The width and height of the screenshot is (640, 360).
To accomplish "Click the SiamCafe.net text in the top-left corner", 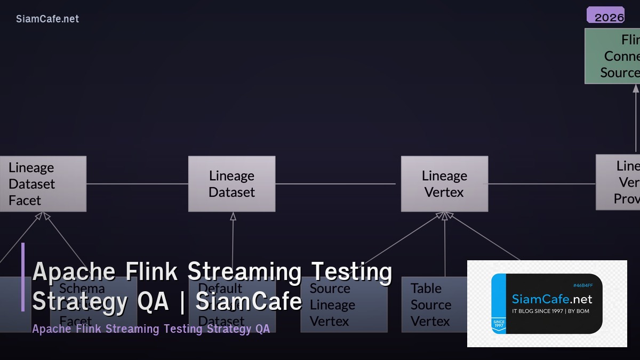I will coord(47,19).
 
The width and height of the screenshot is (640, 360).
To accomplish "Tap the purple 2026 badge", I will coord(605,15).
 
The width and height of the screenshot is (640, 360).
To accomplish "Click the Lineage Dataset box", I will coord(232,184).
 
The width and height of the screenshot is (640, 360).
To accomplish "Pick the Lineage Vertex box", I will coord(444,184).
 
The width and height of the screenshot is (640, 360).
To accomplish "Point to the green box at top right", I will coord(612,56).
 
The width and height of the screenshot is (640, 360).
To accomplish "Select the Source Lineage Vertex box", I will coord(343,305).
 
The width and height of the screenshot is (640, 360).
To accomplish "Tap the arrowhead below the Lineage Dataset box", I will coord(233,216).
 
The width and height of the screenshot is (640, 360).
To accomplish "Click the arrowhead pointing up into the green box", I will coord(636,89).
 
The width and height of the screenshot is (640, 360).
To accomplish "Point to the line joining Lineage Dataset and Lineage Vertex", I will coord(336,184).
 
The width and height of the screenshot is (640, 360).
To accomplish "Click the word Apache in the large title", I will coord(74,271).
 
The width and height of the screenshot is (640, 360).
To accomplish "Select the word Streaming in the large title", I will coord(244,271).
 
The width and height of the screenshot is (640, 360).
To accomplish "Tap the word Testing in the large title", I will coord(352,271).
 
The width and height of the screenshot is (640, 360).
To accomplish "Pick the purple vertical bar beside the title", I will coord(23,277).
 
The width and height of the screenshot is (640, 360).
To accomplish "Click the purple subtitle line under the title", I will coord(151,329).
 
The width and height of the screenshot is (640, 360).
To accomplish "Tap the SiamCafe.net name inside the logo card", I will coord(552,300).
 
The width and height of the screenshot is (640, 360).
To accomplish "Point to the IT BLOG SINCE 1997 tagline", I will coord(550,311).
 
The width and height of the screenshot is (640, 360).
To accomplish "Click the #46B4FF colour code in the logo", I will coord(582,285).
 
